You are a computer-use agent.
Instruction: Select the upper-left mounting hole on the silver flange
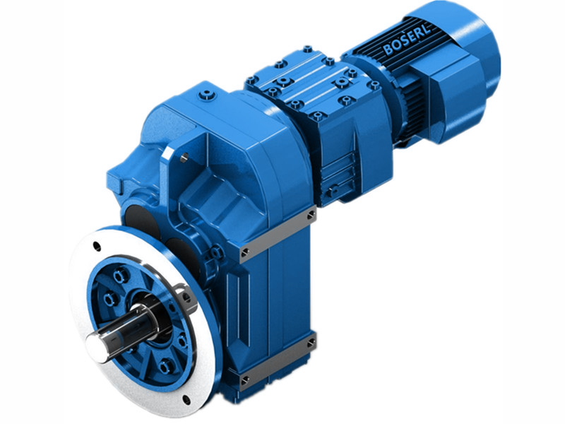click(x=98, y=247)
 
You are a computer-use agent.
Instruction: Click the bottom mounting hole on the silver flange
click(x=186, y=399)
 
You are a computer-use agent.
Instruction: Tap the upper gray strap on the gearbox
click(x=278, y=232)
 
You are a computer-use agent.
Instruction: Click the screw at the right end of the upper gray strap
click(x=311, y=212)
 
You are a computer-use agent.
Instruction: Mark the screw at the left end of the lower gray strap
click(x=244, y=381)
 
